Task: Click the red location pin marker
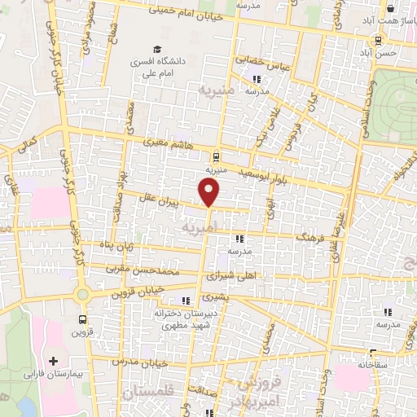point(209,192)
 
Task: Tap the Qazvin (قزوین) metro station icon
point(82,318)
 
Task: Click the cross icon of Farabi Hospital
point(54,360)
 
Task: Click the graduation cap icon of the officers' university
point(155,48)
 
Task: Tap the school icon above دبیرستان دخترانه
point(187,300)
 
